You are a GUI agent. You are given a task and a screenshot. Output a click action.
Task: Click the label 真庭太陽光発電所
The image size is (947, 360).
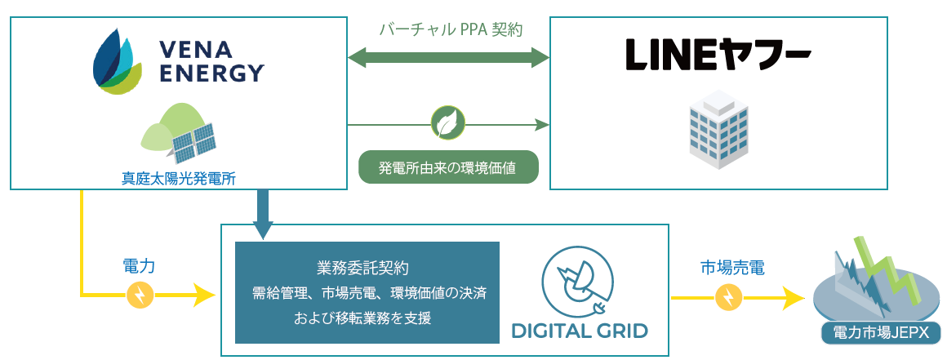(x=179, y=178)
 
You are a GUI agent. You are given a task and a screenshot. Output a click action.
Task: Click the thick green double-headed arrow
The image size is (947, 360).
(x=448, y=58)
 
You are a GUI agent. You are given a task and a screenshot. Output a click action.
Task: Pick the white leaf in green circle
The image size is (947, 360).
(x=447, y=124)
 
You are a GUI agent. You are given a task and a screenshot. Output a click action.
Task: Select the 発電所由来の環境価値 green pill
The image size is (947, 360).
(x=448, y=167)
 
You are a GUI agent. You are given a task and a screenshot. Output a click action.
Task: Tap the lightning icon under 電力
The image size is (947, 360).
(x=140, y=296)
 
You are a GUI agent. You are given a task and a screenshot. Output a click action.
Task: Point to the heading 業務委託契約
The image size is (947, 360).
(x=367, y=268)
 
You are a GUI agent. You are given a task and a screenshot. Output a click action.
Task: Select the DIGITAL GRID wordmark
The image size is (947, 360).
(x=579, y=331)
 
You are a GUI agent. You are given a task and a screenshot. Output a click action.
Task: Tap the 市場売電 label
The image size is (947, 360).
(x=732, y=268)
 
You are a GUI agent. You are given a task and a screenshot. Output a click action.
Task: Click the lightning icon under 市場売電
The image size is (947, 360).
(x=729, y=298)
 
